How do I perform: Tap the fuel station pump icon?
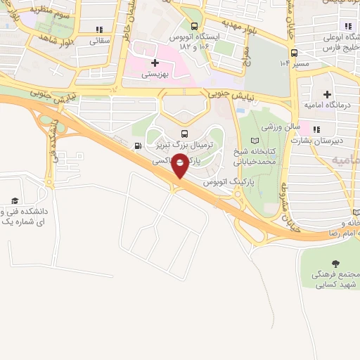137,146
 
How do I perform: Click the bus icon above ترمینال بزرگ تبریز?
184,134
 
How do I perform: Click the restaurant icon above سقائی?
98,30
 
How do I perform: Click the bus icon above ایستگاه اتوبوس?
194,24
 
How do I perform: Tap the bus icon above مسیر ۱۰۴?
294,51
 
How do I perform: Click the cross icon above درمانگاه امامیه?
327,94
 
